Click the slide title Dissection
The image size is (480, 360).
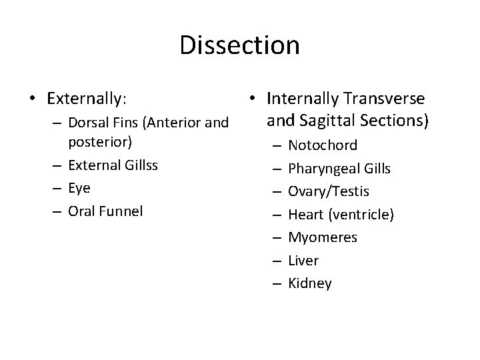[x=240, y=45]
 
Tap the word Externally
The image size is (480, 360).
[x=87, y=99]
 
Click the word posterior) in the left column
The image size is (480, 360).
[x=100, y=141]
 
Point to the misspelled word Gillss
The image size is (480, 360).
[x=139, y=165]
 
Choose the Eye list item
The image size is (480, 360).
[x=79, y=188]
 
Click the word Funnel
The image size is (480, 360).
[x=120, y=211]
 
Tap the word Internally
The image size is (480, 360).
[x=301, y=99]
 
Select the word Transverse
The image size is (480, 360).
[x=384, y=99]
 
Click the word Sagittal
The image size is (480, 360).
[x=317, y=121]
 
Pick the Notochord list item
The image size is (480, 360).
[x=323, y=145]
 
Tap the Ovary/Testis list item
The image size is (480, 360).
[x=328, y=191]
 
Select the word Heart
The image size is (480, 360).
[x=306, y=214]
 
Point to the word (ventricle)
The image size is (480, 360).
[x=361, y=214]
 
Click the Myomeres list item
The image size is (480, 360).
[x=323, y=237]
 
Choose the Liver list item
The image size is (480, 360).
[x=303, y=260]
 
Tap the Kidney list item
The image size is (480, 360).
[x=310, y=283]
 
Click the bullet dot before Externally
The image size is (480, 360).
[x=33, y=99]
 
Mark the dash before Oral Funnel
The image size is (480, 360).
[x=57, y=211]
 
